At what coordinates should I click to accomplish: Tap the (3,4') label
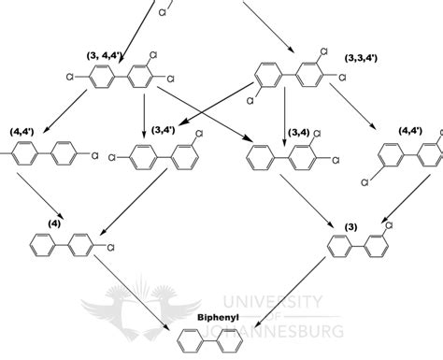pyautogui.click(x=164, y=133)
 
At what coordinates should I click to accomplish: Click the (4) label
pyautogui.click(x=50, y=222)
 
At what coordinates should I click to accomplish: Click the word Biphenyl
pyautogui.click(x=217, y=317)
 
